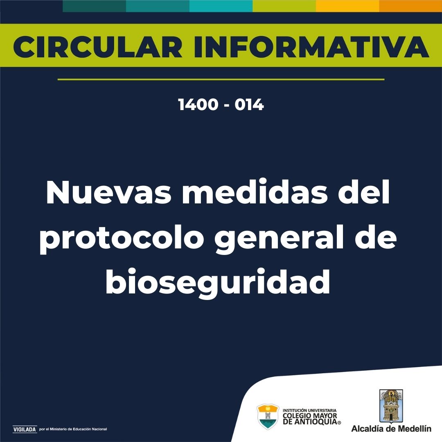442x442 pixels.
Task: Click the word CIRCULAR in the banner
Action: tap(97, 47)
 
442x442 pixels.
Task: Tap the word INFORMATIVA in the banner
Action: tap(311, 47)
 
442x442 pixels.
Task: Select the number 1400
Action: tap(198, 105)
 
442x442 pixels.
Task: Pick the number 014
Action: tap(249, 105)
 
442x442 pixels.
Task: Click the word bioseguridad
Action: tap(218, 282)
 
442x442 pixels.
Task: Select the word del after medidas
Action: tap(364, 191)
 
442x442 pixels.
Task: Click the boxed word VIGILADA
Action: tap(25, 429)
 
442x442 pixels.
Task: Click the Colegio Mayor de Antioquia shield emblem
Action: tap(268, 416)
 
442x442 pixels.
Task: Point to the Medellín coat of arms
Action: tap(391, 405)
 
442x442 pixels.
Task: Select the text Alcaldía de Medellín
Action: tap(391, 429)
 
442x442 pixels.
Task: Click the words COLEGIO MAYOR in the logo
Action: tap(310, 416)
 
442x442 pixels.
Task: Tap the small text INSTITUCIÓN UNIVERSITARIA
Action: tap(309, 410)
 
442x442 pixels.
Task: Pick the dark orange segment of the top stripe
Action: tap(410, 6)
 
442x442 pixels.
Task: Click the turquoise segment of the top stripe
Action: tap(221, 6)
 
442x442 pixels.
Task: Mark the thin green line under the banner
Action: tap(221, 79)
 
